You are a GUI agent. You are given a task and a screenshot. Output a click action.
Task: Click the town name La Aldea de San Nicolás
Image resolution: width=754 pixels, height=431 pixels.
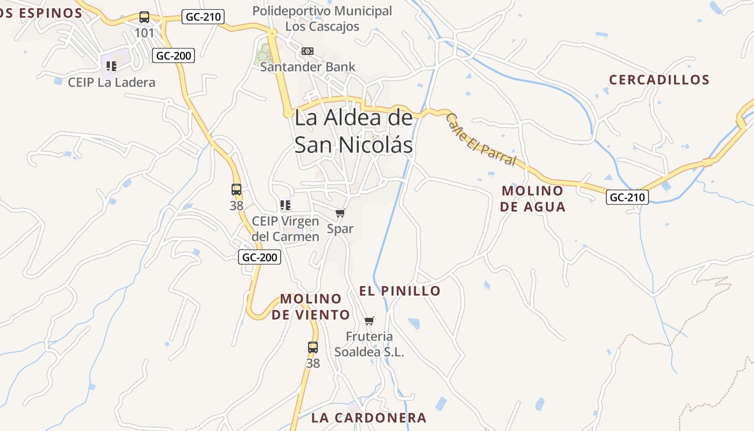354,131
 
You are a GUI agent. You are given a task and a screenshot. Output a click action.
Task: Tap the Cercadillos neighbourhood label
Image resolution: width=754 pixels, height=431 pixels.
659,80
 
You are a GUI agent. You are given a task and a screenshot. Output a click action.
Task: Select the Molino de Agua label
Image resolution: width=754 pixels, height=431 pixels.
533,198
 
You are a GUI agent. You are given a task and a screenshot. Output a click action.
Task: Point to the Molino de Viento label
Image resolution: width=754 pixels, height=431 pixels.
311,307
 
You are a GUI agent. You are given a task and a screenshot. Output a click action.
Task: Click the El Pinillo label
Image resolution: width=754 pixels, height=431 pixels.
400,291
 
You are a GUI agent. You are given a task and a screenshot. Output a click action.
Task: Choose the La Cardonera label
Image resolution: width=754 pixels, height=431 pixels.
369,418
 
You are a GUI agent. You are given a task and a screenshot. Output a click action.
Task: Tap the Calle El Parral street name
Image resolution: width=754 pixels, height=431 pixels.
481,140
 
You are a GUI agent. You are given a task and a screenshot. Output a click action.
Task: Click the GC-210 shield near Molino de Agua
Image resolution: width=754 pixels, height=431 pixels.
627,197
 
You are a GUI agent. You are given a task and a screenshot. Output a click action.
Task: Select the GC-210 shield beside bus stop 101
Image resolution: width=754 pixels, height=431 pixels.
203,17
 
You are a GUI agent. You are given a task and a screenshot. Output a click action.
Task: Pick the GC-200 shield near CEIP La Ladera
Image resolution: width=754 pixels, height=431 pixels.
173,55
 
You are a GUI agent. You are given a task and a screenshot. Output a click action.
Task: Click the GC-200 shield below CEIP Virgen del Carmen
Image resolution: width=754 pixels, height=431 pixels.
260,257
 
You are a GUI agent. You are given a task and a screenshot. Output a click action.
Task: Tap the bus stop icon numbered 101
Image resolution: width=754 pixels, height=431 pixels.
144,17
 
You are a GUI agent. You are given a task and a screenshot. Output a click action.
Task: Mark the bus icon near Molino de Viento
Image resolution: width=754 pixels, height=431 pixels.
313,347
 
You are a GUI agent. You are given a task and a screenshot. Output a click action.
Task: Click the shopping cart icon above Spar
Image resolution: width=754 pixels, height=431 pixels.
340,213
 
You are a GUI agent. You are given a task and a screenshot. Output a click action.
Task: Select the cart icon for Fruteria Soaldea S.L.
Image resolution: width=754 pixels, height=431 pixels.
369,321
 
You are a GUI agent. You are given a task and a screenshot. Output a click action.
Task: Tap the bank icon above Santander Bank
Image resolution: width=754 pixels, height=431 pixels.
308,51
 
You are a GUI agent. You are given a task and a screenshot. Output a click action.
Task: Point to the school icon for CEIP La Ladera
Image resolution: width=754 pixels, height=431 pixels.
111,66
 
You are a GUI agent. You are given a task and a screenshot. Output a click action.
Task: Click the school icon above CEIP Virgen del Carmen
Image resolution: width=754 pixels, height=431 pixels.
285,205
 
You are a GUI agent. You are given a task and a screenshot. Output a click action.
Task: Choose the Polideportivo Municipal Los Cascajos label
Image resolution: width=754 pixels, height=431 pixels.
322,18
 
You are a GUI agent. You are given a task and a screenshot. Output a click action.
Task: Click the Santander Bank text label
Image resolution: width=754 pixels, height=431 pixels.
308,67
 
